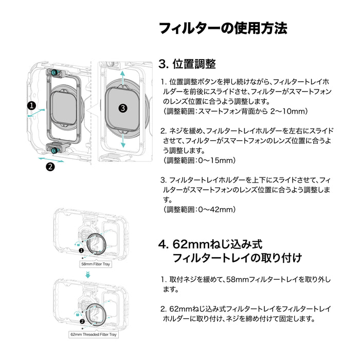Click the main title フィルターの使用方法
tap(223, 28)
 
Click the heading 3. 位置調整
tap(187, 64)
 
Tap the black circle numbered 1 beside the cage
tap(32, 105)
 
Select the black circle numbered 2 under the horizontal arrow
tap(50, 167)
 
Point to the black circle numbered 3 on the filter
tap(123, 108)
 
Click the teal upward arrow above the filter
tap(123, 78)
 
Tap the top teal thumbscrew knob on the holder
tap(54, 73)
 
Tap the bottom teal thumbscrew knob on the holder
tap(55, 150)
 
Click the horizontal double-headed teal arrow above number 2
tap(51, 159)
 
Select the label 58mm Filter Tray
tap(96, 264)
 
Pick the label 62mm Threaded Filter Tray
tap(94, 334)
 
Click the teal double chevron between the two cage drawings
tap(88, 275)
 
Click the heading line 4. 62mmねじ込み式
tap(210, 244)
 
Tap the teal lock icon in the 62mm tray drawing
tap(78, 314)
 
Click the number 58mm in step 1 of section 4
tap(237, 280)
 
